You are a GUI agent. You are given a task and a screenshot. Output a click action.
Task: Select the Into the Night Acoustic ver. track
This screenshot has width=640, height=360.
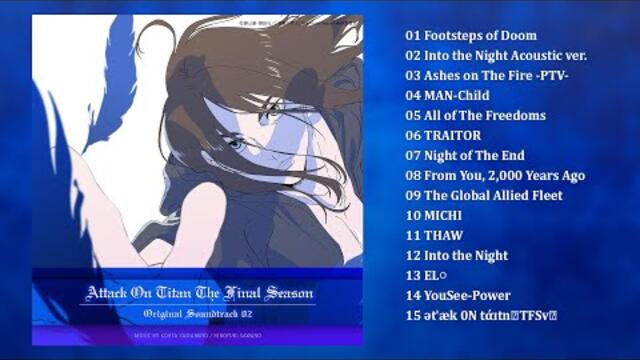click(x=495, y=56)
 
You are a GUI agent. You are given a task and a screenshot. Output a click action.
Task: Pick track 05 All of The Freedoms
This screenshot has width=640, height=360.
click(x=475, y=116)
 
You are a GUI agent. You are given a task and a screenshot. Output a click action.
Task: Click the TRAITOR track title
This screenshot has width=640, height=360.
click(x=443, y=136)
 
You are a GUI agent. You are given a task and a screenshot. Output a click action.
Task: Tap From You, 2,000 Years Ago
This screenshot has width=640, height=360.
click(x=495, y=176)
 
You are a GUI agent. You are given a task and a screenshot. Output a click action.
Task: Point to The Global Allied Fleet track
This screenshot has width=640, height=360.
click(x=484, y=196)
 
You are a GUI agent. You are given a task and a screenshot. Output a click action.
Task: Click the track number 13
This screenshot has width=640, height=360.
click(x=413, y=276)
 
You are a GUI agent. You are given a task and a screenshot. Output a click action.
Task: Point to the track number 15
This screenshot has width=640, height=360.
click(x=413, y=316)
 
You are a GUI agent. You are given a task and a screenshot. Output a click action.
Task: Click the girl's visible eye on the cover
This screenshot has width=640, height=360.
click(x=237, y=143)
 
